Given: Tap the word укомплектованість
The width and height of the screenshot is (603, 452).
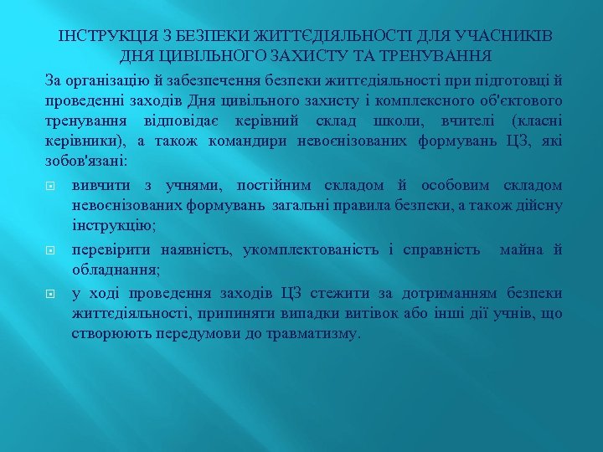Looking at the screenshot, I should click(x=314, y=249).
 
